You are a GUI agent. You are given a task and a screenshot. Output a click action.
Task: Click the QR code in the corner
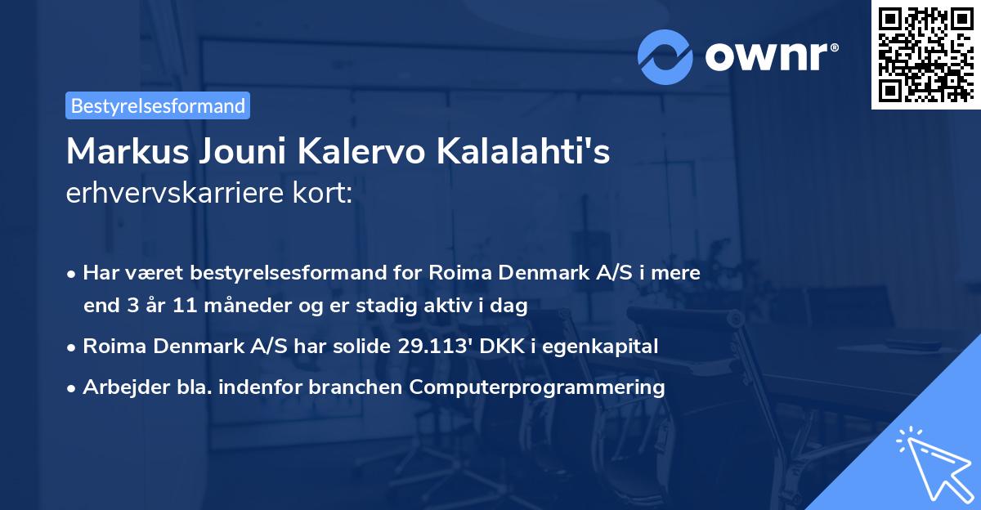(925, 54)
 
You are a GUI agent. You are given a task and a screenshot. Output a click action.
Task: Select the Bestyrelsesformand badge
(158, 105)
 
